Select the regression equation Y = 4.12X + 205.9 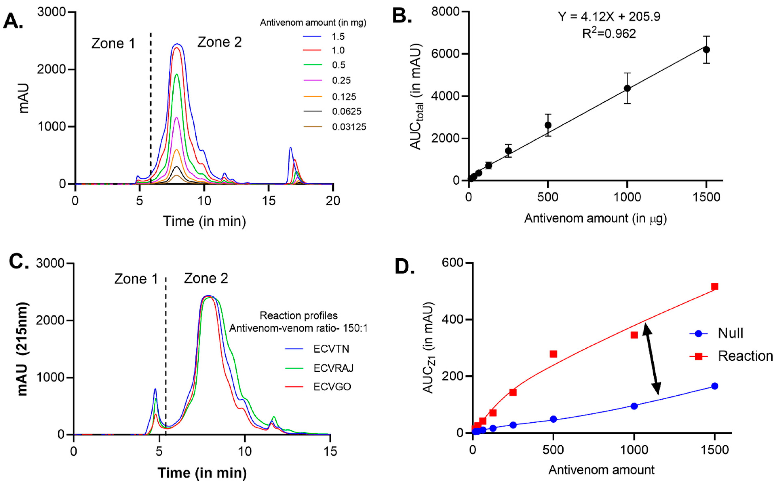[609, 17]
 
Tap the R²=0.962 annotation [609, 34]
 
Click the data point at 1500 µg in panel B [706, 50]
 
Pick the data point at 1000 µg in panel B [627, 88]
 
